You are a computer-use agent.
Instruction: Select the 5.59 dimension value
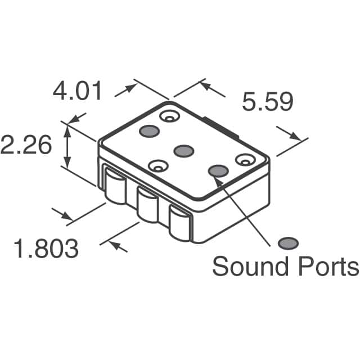(x=268, y=103)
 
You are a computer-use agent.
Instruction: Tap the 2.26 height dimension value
(x=26, y=146)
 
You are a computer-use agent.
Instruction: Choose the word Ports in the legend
(x=328, y=267)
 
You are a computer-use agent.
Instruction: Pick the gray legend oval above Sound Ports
(x=289, y=243)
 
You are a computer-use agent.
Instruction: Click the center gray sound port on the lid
(x=183, y=151)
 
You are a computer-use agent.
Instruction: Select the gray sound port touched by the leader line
(x=218, y=171)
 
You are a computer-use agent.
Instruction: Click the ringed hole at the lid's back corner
(x=168, y=116)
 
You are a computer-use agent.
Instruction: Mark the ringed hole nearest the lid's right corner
(x=245, y=160)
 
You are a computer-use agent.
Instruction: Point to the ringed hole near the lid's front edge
(x=157, y=166)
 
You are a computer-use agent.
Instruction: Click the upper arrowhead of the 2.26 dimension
(x=67, y=130)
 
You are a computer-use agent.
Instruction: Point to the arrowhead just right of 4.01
(x=130, y=88)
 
